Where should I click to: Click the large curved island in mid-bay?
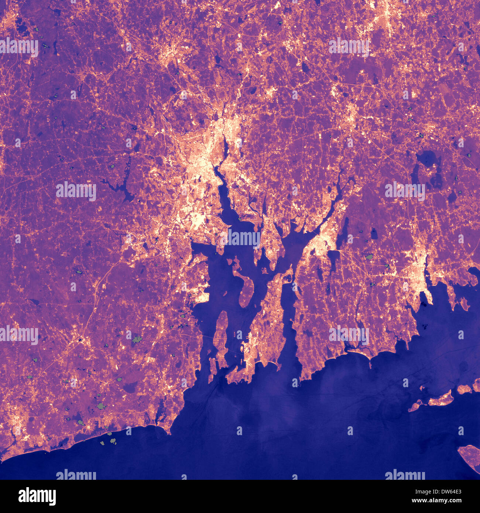point(244,288)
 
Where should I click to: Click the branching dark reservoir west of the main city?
point(122,186)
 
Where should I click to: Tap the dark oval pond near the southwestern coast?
point(130,387)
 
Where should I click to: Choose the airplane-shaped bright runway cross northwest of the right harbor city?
point(409,255)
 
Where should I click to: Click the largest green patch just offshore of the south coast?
point(113,441)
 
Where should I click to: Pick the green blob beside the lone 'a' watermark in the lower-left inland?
point(137,339)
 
